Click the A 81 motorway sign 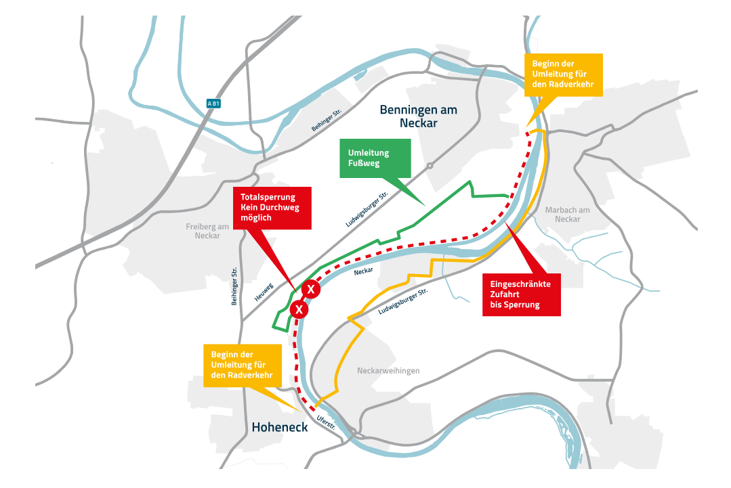214,104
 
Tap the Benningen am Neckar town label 418,116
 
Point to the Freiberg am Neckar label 207,231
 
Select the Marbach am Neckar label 567,214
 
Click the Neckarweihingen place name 388,371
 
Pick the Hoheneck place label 280,427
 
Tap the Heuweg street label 264,292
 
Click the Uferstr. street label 326,422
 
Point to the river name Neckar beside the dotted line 364,271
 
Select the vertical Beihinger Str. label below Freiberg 234,285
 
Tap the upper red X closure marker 310,290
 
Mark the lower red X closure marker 299,310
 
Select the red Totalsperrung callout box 271,208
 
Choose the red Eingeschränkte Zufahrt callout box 521,294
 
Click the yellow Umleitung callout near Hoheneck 242,365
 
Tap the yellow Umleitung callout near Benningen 563,74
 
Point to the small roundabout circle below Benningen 430,165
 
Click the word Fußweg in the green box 364,164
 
